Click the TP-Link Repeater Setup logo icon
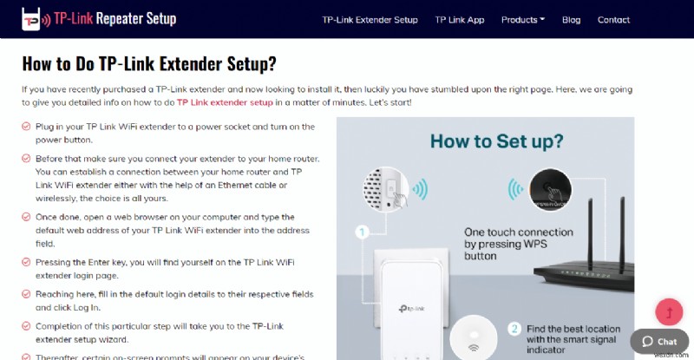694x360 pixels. [35, 19]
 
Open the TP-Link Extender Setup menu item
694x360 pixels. [370, 20]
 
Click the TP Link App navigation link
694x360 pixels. [459, 20]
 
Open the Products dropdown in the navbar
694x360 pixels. [523, 20]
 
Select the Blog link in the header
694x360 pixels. [571, 20]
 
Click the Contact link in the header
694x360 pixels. [613, 20]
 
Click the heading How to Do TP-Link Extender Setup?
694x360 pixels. [148, 63]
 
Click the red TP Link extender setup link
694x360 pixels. [225, 102]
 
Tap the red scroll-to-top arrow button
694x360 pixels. [668, 311]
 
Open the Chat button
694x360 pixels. [659, 341]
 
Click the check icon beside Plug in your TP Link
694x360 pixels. [26, 128]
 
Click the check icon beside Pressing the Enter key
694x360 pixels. [26, 261]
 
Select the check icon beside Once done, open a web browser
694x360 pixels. [26, 217]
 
